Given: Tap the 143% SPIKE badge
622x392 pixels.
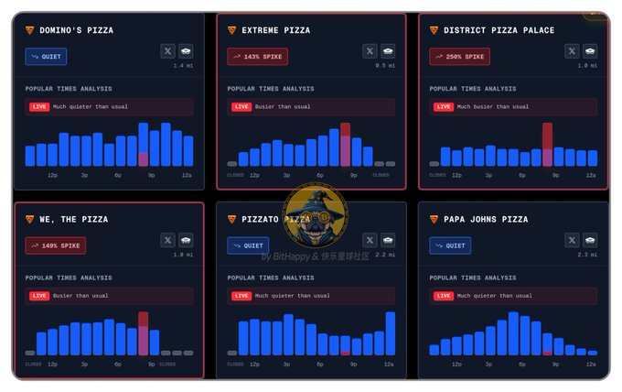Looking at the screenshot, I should coord(257,57).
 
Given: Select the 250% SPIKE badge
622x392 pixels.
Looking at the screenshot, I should coord(459,57).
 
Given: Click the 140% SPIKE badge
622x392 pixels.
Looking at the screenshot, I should coord(55,245).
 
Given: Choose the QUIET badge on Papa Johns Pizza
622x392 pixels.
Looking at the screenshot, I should coord(450,245).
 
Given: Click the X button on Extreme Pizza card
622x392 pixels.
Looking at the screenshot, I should coord(370,51).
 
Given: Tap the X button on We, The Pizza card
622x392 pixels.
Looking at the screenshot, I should coord(167,240).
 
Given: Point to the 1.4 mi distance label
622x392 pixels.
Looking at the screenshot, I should coord(183,66).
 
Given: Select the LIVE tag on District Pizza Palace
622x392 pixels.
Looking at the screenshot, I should coord(443,106).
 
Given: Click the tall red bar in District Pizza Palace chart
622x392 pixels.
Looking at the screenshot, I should coord(547,144).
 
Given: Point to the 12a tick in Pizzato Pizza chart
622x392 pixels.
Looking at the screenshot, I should coord(389,364).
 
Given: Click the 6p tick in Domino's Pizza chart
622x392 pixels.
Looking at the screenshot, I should coord(118,174).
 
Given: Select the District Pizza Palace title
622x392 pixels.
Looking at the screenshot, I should coord(499,30).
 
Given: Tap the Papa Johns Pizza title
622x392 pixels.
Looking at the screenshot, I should coord(486,220).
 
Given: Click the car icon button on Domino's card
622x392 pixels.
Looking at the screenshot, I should coord(186,51).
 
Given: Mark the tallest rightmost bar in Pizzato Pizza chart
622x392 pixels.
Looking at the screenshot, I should coord(391,333).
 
